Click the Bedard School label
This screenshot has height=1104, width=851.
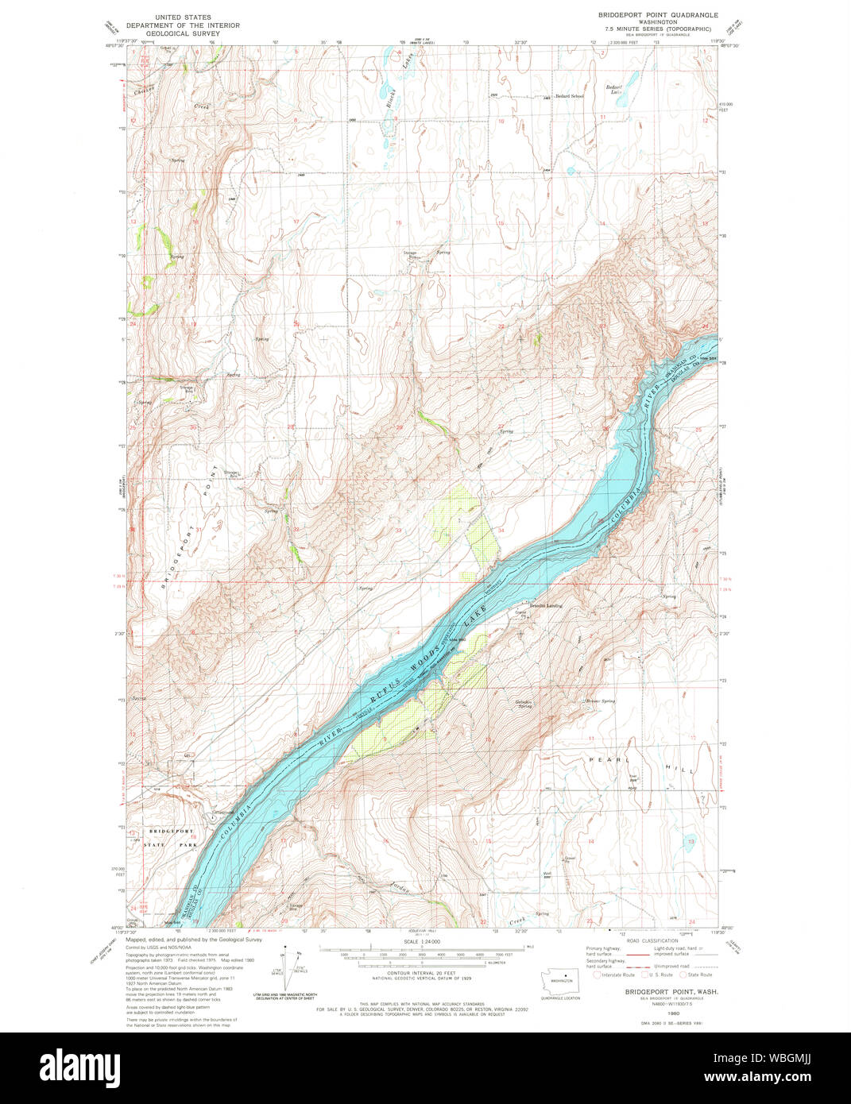coord(569,96)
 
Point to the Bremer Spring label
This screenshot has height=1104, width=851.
coord(601,701)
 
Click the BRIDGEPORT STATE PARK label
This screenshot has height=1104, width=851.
coord(172,837)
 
